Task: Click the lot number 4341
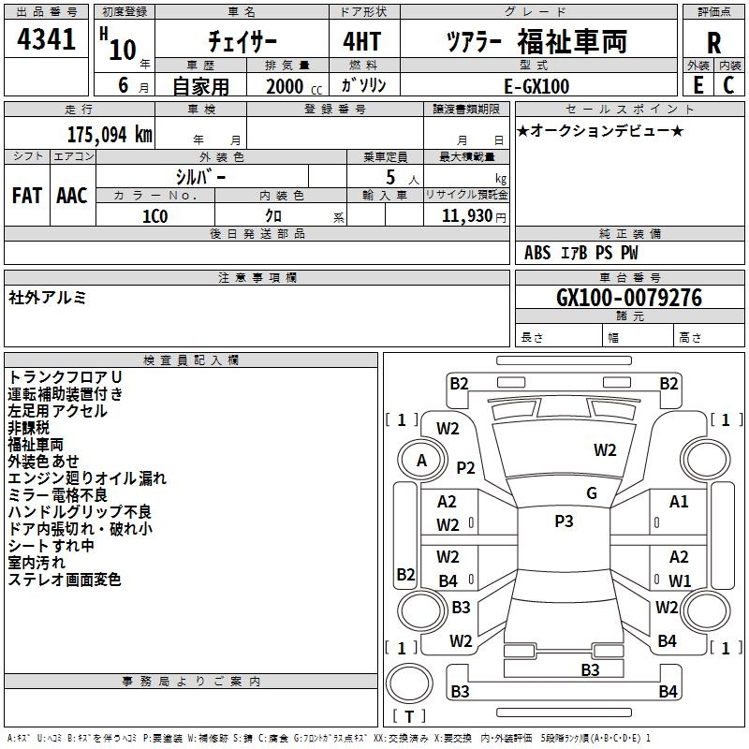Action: (x=47, y=41)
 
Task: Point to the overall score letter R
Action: (x=713, y=44)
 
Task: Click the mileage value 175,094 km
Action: (x=109, y=135)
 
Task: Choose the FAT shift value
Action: (x=26, y=196)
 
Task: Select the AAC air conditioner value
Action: (x=72, y=196)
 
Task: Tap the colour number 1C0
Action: (x=154, y=215)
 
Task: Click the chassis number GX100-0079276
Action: (x=628, y=299)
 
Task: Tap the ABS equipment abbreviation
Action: (x=537, y=253)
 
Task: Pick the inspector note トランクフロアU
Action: (x=66, y=376)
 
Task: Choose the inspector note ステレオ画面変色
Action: (x=65, y=580)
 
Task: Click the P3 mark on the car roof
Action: (x=564, y=521)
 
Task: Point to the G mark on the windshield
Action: (x=591, y=493)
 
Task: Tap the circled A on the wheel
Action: (x=421, y=461)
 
